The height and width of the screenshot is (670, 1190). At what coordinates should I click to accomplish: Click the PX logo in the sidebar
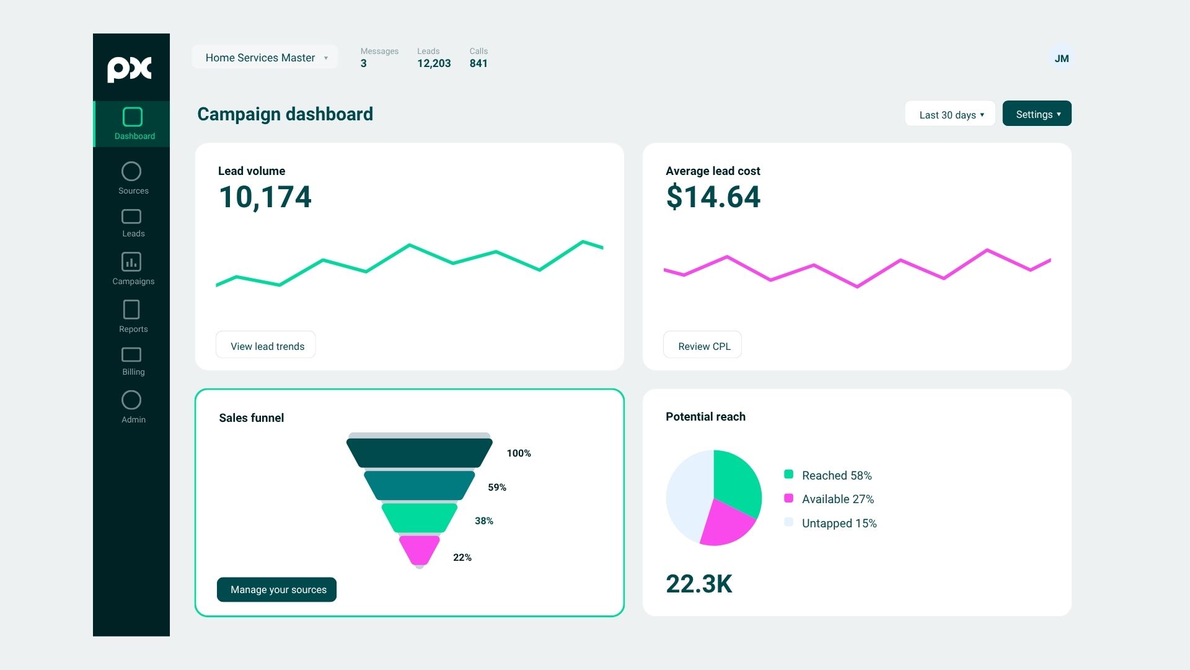point(130,69)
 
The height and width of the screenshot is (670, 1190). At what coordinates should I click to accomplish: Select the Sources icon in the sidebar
point(131,171)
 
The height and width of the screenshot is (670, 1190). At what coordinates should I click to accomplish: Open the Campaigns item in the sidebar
point(133,268)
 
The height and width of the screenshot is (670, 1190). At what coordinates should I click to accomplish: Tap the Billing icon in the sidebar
point(131,354)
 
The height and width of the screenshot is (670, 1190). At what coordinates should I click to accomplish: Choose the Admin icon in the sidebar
point(131,400)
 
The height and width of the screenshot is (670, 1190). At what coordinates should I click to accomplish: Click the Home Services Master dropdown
point(265,57)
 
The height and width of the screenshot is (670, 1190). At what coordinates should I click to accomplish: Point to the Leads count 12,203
point(434,63)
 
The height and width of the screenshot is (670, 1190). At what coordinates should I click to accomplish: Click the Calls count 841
point(478,63)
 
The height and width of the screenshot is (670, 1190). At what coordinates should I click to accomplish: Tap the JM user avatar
point(1062,58)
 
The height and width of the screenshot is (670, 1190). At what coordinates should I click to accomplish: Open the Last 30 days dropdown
point(950,114)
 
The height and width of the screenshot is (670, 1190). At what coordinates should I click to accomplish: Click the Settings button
point(1037,114)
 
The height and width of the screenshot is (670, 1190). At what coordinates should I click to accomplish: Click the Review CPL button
point(702,345)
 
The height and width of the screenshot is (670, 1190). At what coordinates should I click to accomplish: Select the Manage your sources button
point(276,589)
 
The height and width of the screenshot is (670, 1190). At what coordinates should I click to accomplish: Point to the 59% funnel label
point(497,488)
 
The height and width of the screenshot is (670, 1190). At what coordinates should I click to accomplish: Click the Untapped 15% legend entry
point(831,523)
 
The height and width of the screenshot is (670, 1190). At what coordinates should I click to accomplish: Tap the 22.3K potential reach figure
point(699,584)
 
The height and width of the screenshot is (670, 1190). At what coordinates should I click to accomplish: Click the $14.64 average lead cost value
point(713,197)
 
